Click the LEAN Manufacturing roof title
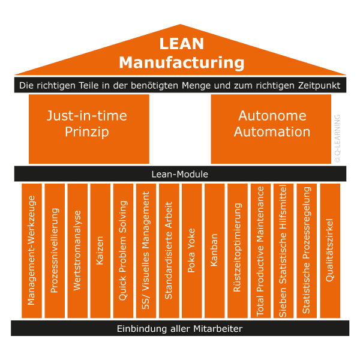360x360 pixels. pyautogui.click(x=181, y=53)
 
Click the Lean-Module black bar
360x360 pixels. pyautogui.click(x=180, y=174)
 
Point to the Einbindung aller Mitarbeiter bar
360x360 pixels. pyautogui.click(x=180, y=329)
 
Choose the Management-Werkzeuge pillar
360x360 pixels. pyautogui.click(x=32, y=251)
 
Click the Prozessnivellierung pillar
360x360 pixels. pyautogui.click(x=55, y=251)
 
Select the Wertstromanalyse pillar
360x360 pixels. pyautogui.click(x=77, y=251)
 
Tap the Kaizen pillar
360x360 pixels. pyautogui.click(x=100, y=251)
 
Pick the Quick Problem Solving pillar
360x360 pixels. pyautogui.click(x=123, y=251)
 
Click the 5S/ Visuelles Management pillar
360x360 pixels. pyautogui.click(x=146, y=251)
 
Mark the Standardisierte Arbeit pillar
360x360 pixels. pyautogui.click(x=169, y=251)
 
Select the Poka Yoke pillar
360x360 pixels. pyautogui.click(x=191, y=251)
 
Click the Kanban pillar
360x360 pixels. pyautogui.click(x=214, y=251)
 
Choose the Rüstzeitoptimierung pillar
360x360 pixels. pyautogui.click(x=238, y=251)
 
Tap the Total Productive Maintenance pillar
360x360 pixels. pyautogui.click(x=260, y=251)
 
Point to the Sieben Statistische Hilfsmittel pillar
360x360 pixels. pyautogui.click(x=283, y=251)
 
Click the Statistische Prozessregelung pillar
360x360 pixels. pyautogui.click(x=307, y=251)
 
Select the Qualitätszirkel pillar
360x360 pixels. pyautogui.click(x=329, y=251)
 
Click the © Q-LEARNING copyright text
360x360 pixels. pyautogui.click(x=337, y=139)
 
